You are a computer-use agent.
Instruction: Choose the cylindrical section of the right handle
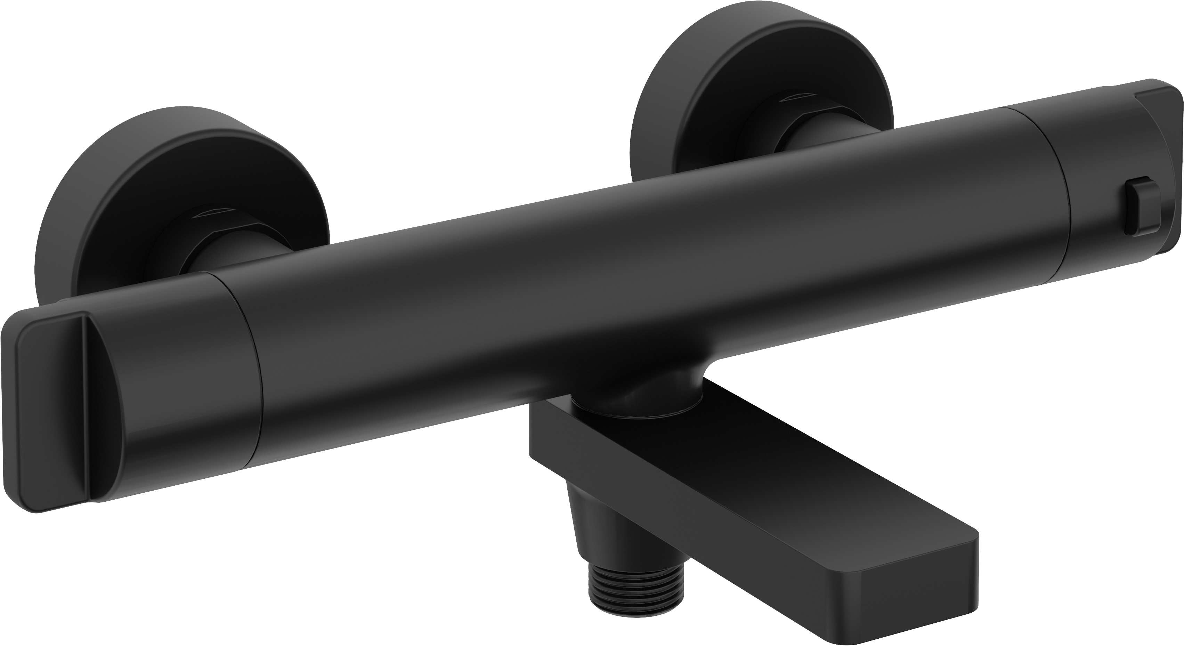pos(1071,152)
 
